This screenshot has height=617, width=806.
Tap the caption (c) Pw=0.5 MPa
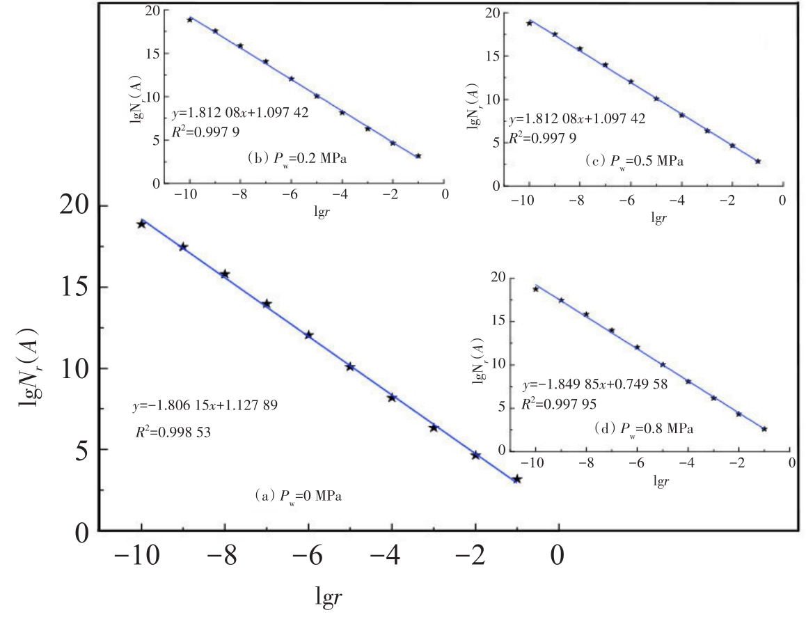coord(634,162)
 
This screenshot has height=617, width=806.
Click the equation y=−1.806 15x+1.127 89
coord(206,405)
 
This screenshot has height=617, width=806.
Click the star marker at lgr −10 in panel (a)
coord(141,224)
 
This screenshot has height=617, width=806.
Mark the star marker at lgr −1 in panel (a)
coord(516,479)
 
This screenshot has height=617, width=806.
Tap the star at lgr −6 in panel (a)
coord(308,335)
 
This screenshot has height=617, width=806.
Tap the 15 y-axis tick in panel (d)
coord(498,322)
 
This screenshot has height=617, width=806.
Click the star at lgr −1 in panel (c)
coord(757,162)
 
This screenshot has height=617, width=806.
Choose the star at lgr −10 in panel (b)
coord(190,19)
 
